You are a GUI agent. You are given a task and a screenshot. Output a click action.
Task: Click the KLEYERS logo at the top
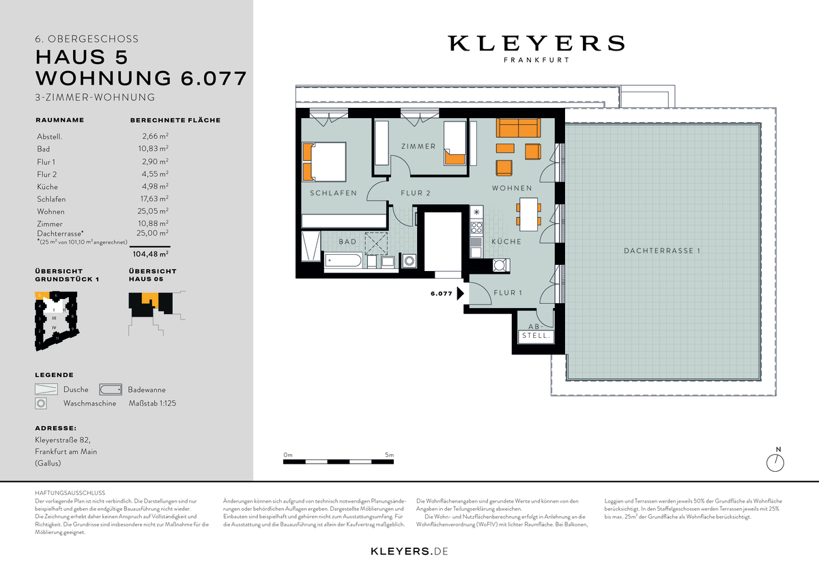tap(536, 44)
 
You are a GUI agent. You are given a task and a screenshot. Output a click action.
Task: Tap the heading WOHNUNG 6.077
tap(141, 78)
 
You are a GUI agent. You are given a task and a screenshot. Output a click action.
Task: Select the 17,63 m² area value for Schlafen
tap(155, 199)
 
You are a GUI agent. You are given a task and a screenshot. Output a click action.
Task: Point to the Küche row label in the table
tap(48, 186)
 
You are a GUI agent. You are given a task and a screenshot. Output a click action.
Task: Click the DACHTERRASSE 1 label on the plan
tap(662, 251)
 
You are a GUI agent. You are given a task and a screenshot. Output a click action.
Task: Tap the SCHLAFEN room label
tap(333, 193)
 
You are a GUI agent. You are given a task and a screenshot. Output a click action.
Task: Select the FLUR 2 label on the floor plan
tap(415, 193)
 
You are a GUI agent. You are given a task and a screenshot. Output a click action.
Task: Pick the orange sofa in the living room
tap(517, 128)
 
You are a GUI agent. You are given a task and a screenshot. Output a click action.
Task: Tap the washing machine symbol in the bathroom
tap(409, 260)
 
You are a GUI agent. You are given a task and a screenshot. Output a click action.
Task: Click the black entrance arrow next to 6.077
tap(461, 294)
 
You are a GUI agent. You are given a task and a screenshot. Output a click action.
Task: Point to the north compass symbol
tap(775, 462)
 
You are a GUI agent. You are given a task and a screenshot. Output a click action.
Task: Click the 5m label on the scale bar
tap(390, 455)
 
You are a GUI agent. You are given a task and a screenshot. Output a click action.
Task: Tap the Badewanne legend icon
tap(111, 389)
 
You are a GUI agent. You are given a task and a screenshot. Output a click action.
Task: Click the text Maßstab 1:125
tap(152, 403)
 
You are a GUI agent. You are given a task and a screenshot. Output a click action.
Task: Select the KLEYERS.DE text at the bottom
tap(409, 550)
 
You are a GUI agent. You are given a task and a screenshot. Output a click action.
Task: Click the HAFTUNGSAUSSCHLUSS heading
tap(70, 492)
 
